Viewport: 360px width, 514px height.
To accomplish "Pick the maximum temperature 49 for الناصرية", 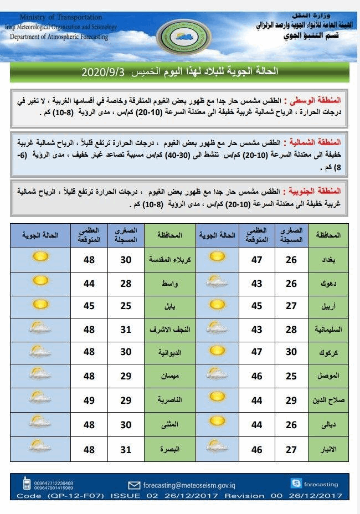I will (x=89, y=400).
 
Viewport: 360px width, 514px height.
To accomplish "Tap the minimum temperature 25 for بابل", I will (x=126, y=305).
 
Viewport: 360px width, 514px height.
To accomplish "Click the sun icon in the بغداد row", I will (x=218, y=258).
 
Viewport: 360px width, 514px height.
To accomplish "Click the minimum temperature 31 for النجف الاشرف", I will (x=126, y=329).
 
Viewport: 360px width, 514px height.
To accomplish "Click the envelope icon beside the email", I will (x=133, y=485).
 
